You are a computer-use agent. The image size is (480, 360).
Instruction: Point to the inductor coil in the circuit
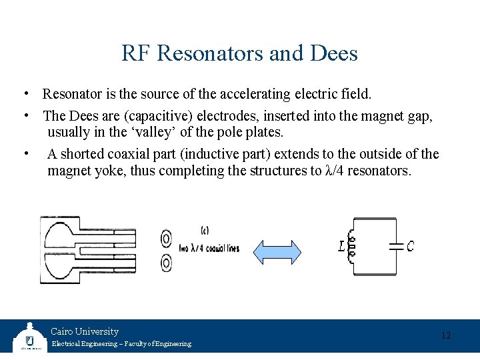[x=351, y=246]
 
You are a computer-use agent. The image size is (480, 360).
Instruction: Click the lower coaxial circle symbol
[x=166, y=263]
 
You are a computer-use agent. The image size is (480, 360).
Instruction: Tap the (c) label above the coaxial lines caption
[x=205, y=231]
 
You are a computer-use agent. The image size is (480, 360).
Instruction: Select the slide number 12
[x=446, y=335]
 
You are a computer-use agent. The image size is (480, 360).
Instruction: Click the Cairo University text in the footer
[x=85, y=331]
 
